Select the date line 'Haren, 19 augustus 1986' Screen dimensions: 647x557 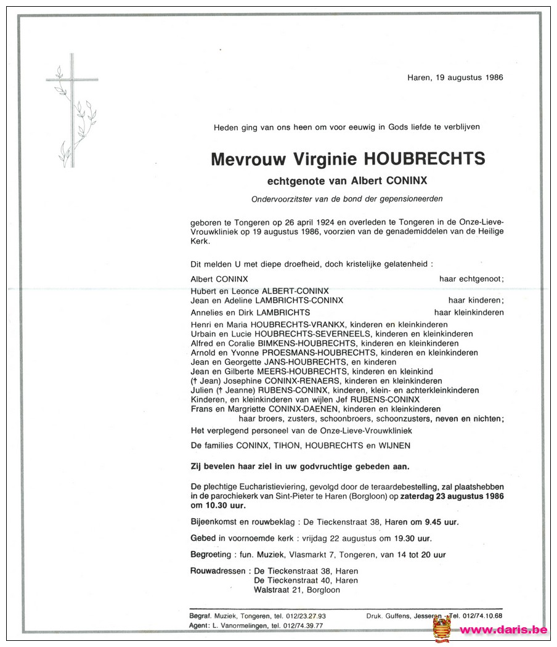[x=455, y=78]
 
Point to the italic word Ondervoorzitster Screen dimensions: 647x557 [x=280, y=198]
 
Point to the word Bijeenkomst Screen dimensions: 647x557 [x=213, y=522]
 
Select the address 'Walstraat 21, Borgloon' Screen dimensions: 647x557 [x=296, y=590]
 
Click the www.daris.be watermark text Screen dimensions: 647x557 [x=504, y=630]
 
